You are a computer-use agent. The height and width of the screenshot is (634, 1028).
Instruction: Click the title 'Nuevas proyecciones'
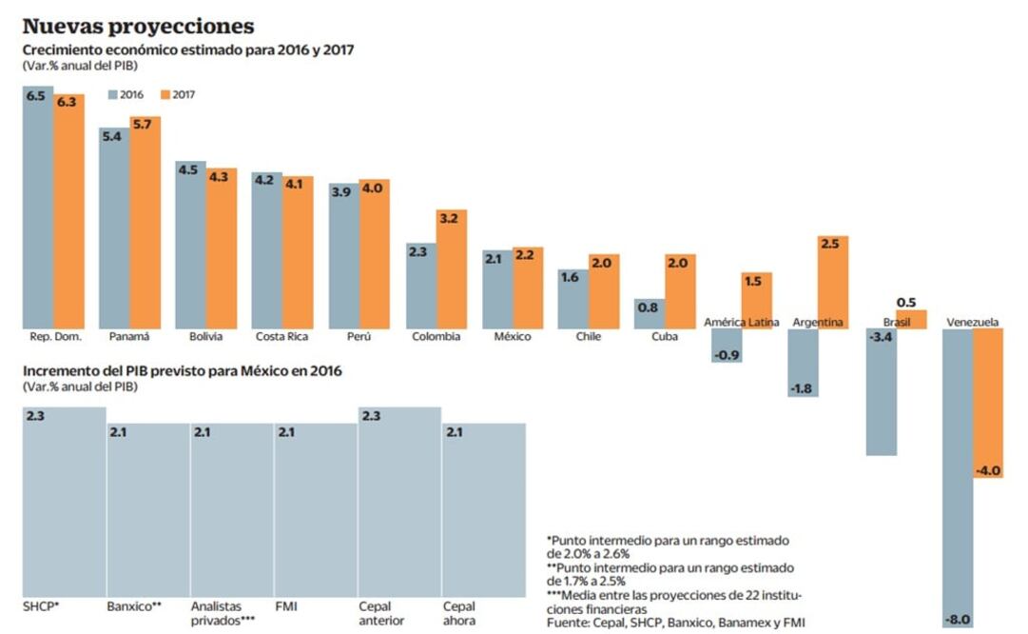click(x=138, y=26)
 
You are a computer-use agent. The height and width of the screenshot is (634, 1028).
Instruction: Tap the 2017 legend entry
click(x=180, y=95)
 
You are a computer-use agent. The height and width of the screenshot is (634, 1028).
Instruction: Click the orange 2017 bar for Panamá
click(x=145, y=224)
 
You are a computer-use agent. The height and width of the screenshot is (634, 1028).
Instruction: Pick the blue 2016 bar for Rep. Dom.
click(x=38, y=209)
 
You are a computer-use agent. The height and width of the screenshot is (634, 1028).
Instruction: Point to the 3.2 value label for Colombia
click(x=452, y=218)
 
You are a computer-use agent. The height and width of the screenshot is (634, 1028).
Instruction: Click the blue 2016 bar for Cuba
click(x=649, y=314)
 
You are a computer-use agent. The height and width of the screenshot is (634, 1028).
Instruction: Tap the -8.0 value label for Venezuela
click(x=958, y=620)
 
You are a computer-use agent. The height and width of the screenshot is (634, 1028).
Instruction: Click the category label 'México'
click(x=512, y=337)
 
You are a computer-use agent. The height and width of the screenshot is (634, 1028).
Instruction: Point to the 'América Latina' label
click(x=741, y=323)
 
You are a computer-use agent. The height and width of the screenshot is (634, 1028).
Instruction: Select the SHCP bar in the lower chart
click(x=64, y=505)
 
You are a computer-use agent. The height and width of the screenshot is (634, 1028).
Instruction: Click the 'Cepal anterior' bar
click(x=399, y=505)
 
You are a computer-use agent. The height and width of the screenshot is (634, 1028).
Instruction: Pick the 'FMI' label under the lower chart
click(x=286, y=606)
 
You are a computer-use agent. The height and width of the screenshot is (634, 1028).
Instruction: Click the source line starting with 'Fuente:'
click(x=676, y=623)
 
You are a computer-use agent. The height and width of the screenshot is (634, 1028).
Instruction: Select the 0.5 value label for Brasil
click(x=909, y=302)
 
